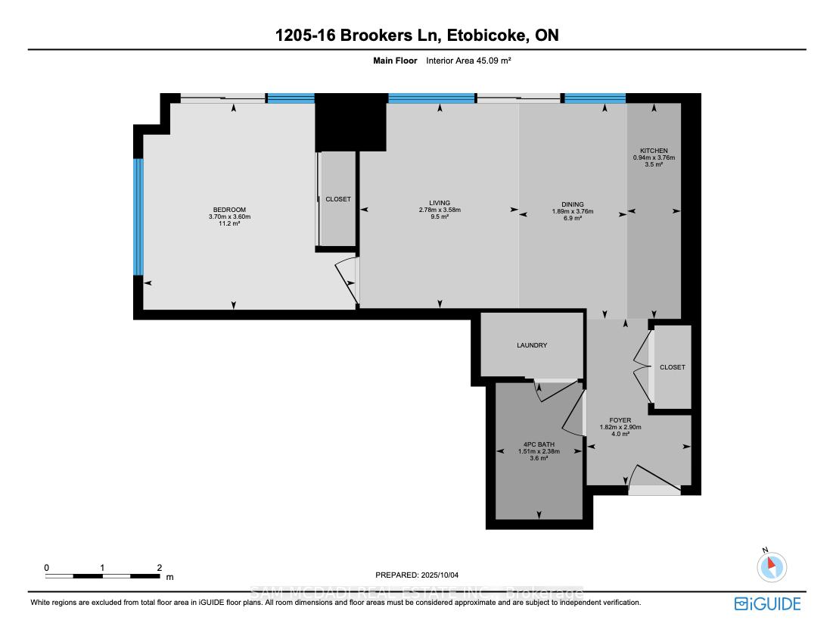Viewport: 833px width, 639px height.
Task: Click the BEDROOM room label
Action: click(229, 210)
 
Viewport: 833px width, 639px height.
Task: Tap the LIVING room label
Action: click(440, 203)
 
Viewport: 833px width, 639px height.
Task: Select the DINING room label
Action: click(573, 204)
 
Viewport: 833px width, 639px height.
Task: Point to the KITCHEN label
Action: click(654, 151)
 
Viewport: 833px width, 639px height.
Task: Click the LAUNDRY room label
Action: click(532, 345)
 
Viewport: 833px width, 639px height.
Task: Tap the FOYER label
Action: click(620, 420)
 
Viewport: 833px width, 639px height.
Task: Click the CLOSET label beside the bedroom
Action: click(338, 199)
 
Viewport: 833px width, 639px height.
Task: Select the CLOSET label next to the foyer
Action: click(672, 367)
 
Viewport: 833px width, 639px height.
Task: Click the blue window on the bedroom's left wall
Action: click(138, 217)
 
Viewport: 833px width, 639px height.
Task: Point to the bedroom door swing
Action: click(347, 281)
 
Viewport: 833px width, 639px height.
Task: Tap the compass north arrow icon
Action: click(772, 566)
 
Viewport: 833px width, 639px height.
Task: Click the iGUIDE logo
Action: click(767, 603)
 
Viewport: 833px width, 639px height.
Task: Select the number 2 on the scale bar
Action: click(159, 567)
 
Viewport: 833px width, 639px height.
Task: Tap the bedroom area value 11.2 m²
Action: click(229, 224)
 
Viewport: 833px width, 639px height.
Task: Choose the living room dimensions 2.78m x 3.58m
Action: click(440, 210)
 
